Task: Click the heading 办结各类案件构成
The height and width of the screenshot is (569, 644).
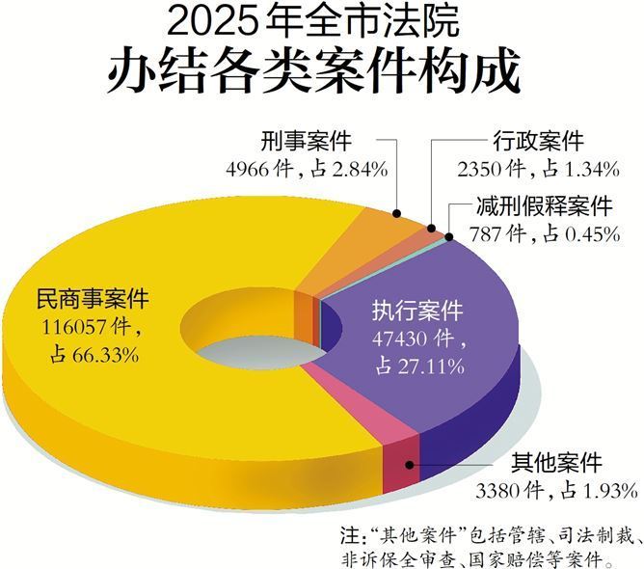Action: pyautogui.click(x=322, y=70)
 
